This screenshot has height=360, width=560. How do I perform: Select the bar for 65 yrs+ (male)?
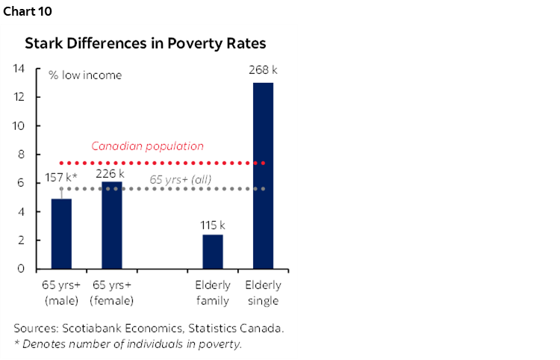pos(61,233)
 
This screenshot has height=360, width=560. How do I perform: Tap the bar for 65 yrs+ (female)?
pos(112,225)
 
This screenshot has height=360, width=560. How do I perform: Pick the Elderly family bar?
pos(213,251)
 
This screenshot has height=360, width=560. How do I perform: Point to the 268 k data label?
pos(263,70)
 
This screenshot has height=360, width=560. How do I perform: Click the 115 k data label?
pos(213,224)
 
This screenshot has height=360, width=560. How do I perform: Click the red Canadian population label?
pos(147,146)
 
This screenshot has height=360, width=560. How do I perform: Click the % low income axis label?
pos(85,75)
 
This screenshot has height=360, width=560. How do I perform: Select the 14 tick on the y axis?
pos(20,69)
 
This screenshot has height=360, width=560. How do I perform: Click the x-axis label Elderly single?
pos(264,293)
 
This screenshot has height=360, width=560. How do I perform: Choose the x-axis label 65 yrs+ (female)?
pos(112,293)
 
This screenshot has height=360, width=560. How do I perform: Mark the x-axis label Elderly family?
pos(213,293)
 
